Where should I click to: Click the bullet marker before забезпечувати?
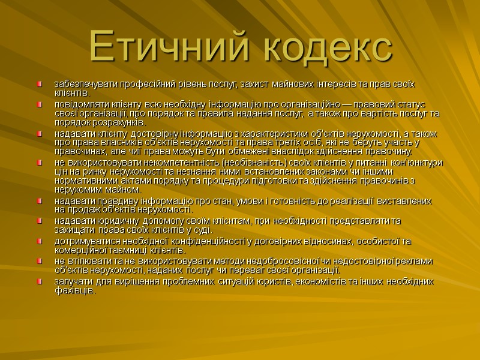point(40,83)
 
